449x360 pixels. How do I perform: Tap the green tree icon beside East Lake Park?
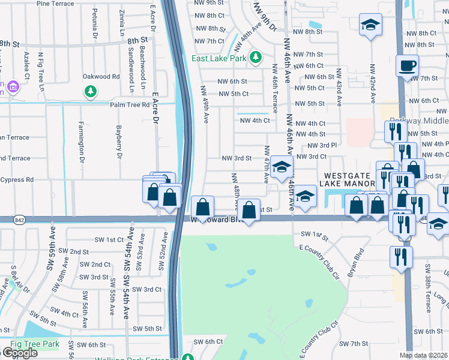pos(256,58)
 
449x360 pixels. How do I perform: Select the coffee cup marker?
pos(407,65)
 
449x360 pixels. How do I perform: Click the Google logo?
pos(20,353)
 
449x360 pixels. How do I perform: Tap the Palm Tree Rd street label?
pos(129,105)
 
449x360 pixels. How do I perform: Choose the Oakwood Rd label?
pos(101,77)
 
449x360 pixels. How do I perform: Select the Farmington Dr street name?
pos(80,137)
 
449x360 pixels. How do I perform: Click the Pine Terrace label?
pos(55,3)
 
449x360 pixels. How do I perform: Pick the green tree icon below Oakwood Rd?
pos(91,91)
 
